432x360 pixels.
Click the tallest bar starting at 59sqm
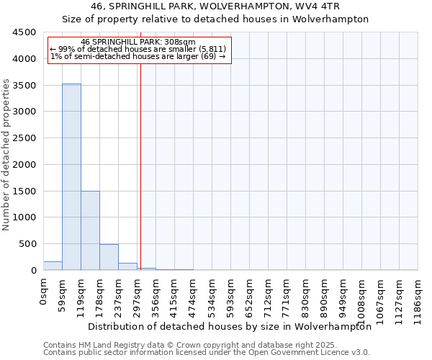pyautogui.click(x=71, y=176)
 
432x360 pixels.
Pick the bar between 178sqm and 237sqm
pyautogui.click(x=109, y=257)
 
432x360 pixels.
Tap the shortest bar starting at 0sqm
pyautogui.click(x=53, y=266)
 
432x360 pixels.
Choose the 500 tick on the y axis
pyautogui.click(x=29, y=244)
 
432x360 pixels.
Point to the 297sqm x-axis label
pyautogui.click(x=138, y=294)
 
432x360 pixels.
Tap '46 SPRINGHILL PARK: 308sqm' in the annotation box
pyautogui.click(x=138, y=42)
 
